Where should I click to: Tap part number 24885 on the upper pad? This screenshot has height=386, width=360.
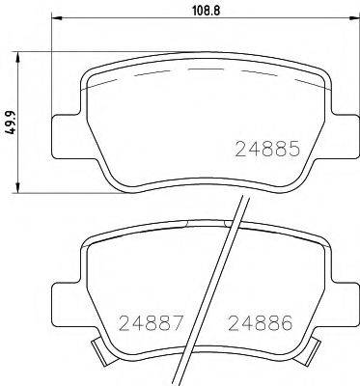pos(269,151)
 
